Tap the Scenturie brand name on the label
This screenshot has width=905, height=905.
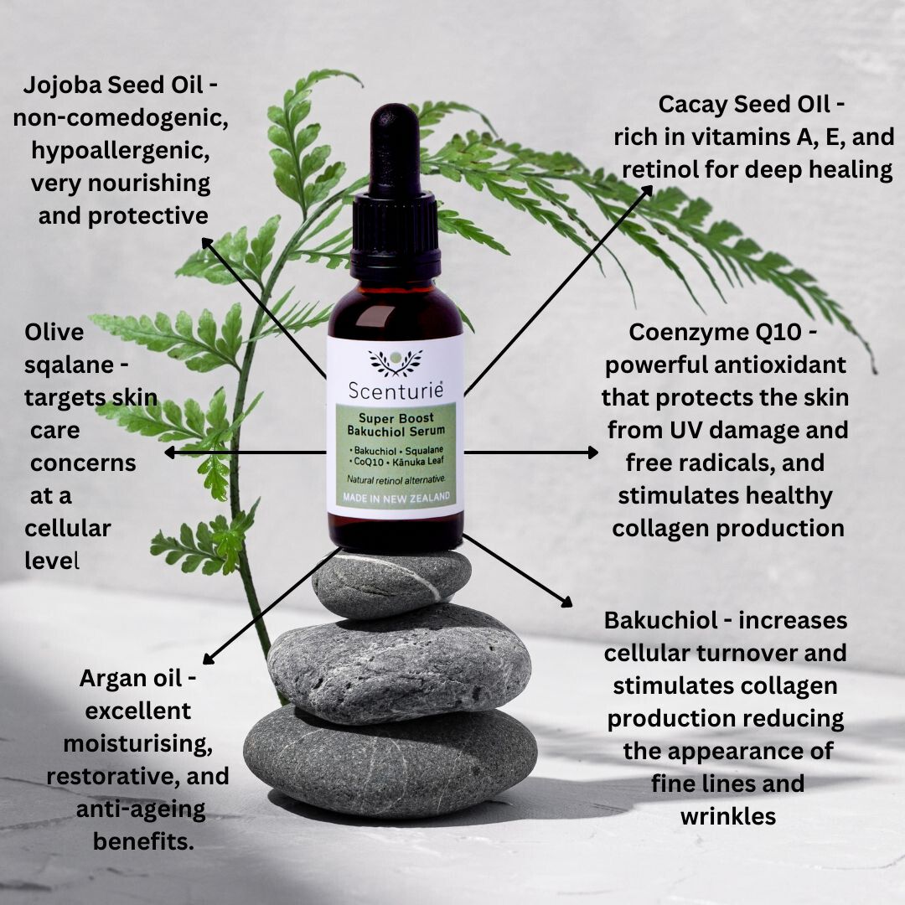(x=396, y=390)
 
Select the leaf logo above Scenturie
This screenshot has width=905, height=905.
(x=396, y=361)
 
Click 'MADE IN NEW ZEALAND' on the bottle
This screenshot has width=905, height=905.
(x=396, y=498)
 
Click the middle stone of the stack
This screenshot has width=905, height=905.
(x=399, y=664)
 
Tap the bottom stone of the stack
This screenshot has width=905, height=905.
(x=390, y=761)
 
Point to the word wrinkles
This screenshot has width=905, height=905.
(x=728, y=816)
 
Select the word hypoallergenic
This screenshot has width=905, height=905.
(x=120, y=151)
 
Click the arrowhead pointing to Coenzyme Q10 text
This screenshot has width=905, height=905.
(x=592, y=452)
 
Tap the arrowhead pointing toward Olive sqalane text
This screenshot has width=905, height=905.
(x=171, y=452)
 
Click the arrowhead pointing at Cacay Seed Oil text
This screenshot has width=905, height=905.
(x=647, y=191)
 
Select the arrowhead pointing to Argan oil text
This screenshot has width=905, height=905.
(x=209, y=658)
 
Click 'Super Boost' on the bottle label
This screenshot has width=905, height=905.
(x=396, y=418)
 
